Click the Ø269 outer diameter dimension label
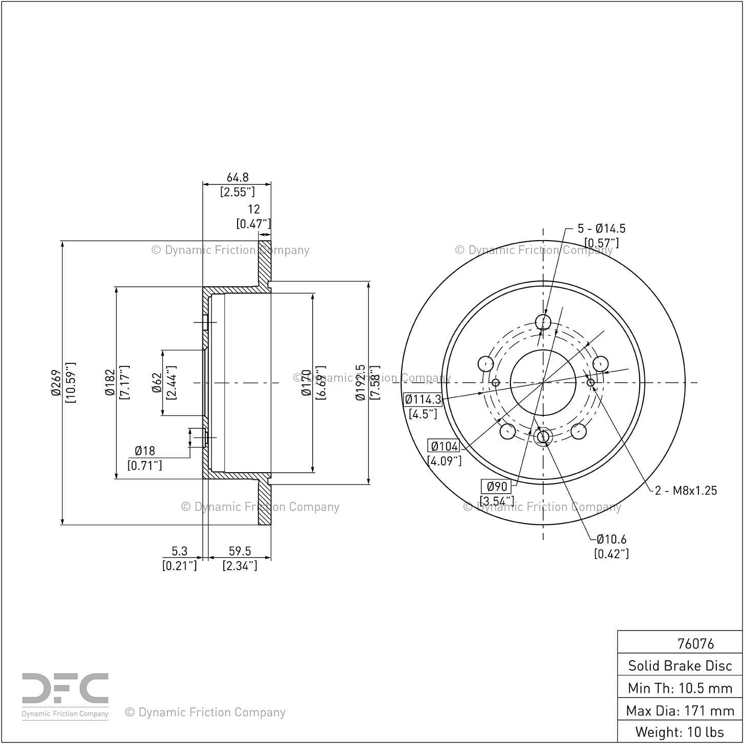[56, 383]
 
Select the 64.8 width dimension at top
[237, 177]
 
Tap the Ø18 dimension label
[145, 451]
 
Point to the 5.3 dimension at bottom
[179, 551]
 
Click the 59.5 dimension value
[240, 551]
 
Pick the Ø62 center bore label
[157, 383]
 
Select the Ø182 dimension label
[110, 383]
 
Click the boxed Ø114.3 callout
[423, 399]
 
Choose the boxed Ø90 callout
[496, 486]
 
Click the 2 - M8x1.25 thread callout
[686, 491]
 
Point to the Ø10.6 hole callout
[611, 539]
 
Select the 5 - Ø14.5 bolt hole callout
[601, 228]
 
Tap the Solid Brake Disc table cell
[680, 666]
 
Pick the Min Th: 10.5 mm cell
[680, 688]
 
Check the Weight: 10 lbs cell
[680, 732]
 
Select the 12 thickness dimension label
[253, 209]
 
